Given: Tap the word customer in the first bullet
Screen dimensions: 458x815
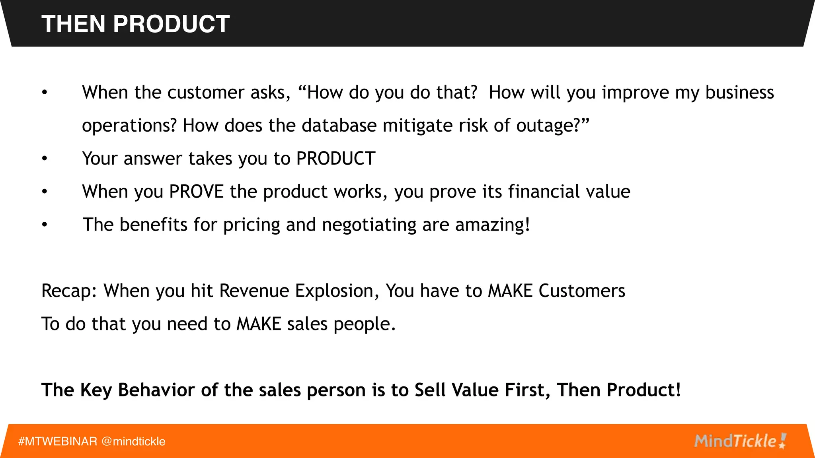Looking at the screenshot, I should (x=206, y=93).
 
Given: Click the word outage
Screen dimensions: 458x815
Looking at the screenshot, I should (x=548, y=126).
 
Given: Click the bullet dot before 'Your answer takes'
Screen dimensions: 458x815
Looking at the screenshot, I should (x=45, y=159).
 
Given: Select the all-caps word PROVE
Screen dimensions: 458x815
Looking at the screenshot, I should (x=196, y=192).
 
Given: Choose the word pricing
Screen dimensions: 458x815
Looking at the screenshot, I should (x=252, y=225).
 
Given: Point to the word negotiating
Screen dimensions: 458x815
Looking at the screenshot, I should (x=369, y=225).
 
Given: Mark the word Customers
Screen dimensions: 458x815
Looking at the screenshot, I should (x=581, y=291).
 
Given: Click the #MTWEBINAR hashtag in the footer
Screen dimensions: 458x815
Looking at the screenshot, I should (x=58, y=441).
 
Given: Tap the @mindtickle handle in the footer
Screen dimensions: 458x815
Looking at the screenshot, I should (x=133, y=441).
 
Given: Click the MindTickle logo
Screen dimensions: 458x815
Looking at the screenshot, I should (x=740, y=441).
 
